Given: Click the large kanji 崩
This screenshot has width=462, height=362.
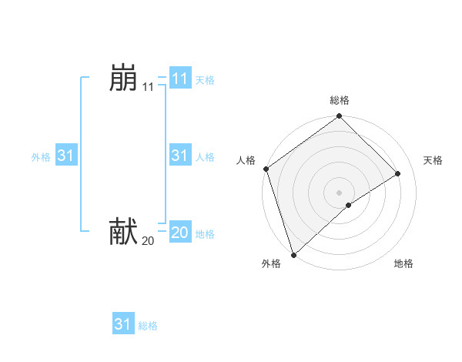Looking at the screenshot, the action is point(123,79).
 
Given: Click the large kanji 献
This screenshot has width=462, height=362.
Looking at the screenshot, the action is point(123,231).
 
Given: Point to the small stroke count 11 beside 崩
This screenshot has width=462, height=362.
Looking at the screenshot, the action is point(148,88).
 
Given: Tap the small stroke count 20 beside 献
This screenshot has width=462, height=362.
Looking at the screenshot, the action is point(148,241).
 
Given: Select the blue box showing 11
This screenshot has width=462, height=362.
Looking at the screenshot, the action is point(179,79).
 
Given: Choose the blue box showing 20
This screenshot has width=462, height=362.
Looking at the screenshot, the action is point(179,232).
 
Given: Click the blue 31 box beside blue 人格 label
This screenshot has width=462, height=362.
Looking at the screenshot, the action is point(179,156).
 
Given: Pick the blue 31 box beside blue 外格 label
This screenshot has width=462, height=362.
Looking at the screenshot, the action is point(66,156).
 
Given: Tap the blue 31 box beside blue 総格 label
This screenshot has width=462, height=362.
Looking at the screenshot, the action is point(123,324).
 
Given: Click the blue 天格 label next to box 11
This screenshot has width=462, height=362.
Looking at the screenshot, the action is point(205,80).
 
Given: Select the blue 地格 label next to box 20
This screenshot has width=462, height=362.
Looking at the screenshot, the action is point(205,234).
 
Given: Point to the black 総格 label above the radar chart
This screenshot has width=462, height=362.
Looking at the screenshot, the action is point(340,100).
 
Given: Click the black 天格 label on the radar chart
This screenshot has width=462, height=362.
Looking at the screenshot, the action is point(434,160).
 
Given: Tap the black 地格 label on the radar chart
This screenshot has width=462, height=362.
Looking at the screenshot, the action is point(403,263).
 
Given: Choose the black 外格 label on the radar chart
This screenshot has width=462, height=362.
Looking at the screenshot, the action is point(271,263).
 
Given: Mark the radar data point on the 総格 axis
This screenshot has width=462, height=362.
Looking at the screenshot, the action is point(340,117).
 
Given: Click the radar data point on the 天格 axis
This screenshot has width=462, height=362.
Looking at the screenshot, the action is point(398,173).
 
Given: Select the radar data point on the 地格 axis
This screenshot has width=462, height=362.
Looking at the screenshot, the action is point(349,205).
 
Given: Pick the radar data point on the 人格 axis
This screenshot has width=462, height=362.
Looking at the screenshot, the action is point(266,169).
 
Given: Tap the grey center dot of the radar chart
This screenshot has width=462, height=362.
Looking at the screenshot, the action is point(340,192).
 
